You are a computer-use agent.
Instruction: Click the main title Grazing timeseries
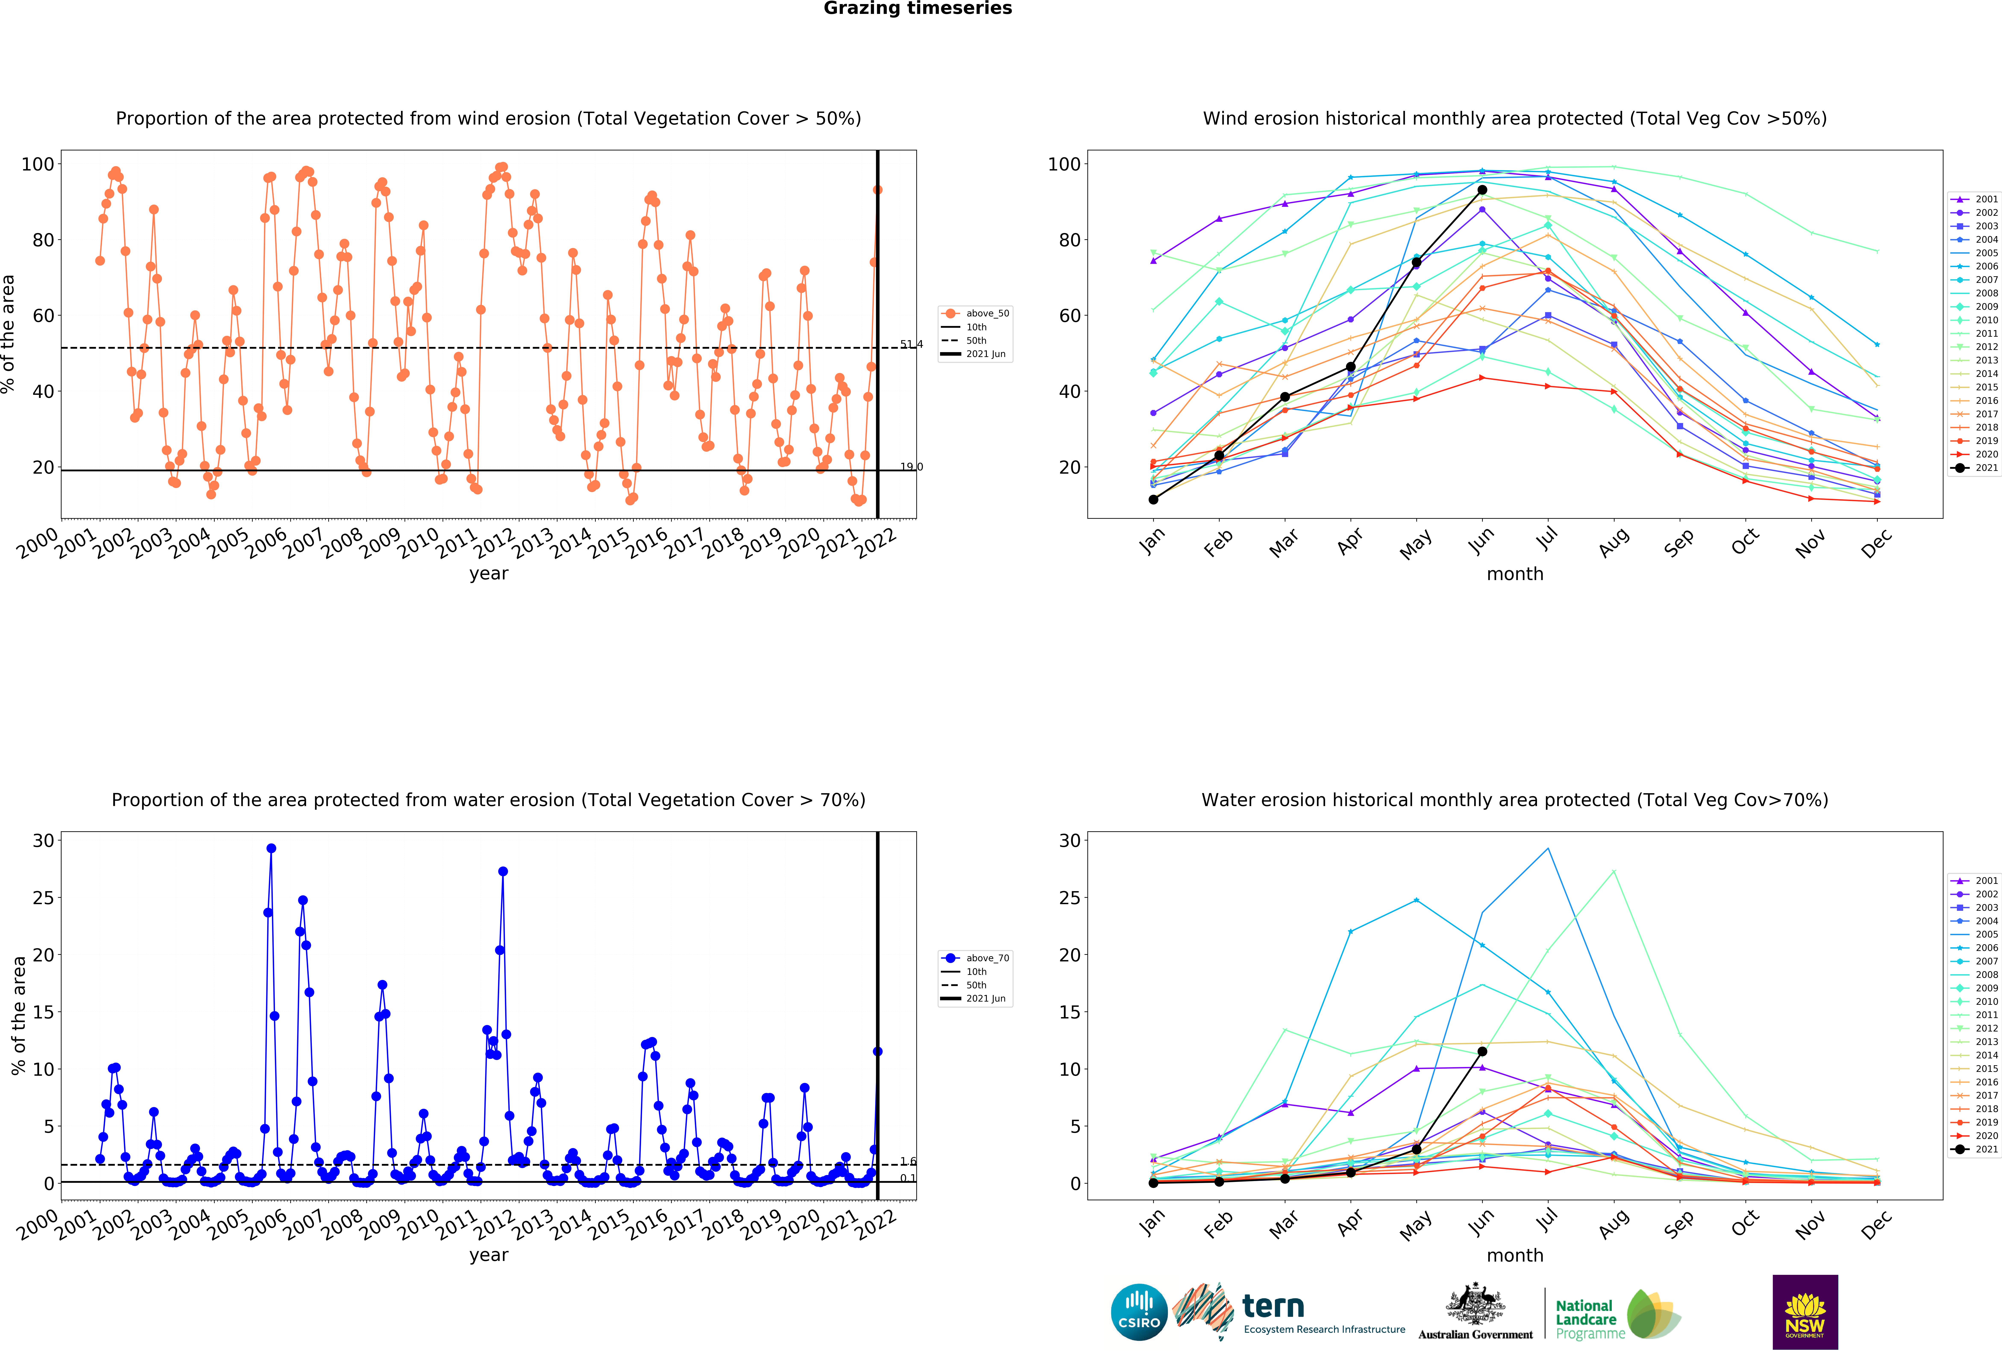917,9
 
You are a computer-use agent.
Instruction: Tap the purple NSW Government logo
1805,1312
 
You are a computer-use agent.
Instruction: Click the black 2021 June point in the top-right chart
1482,190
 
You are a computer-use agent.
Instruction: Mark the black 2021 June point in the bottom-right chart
1482,1051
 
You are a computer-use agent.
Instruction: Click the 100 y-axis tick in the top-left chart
38,164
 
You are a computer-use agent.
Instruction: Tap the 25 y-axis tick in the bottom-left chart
43,898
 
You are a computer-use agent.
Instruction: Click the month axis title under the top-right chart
1514,574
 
